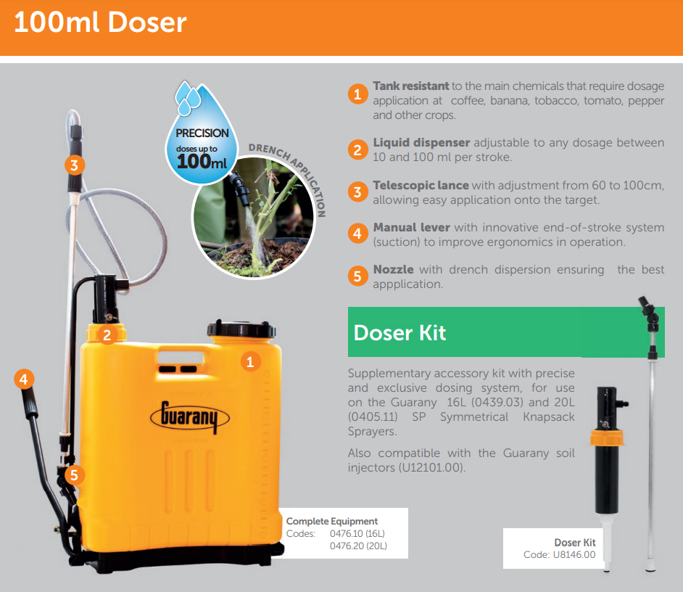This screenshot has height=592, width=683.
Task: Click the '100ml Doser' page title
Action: [x=100, y=22]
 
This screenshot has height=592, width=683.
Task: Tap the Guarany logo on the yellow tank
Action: [x=190, y=417]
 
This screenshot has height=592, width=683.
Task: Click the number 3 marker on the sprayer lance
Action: [x=75, y=165]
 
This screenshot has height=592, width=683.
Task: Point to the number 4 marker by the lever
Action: [x=23, y=379]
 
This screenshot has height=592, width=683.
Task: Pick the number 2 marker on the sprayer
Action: [x=107, y=334]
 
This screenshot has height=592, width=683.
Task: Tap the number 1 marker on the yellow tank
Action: [x=250, y=361]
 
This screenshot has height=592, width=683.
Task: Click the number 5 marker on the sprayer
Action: [x=74, y=474]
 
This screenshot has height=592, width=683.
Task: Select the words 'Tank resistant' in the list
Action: [x=411, y=86]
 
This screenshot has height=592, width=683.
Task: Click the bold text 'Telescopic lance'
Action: [x=421, y=185]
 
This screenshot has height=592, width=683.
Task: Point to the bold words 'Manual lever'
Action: [x=412, y=227]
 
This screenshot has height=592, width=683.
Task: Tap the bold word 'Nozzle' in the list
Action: [x=393, y=269]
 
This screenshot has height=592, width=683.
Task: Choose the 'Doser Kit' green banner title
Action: [x=400, y=332]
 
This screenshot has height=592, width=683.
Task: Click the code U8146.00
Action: [x=574, y=554]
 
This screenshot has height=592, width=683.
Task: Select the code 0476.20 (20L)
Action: [x=358, y=546]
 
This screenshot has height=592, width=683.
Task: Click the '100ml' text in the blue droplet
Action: [x=202, y=162]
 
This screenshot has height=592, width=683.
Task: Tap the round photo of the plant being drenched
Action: [x=253, y=217]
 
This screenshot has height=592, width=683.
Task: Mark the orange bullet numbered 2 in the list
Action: [x=357, y=149]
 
